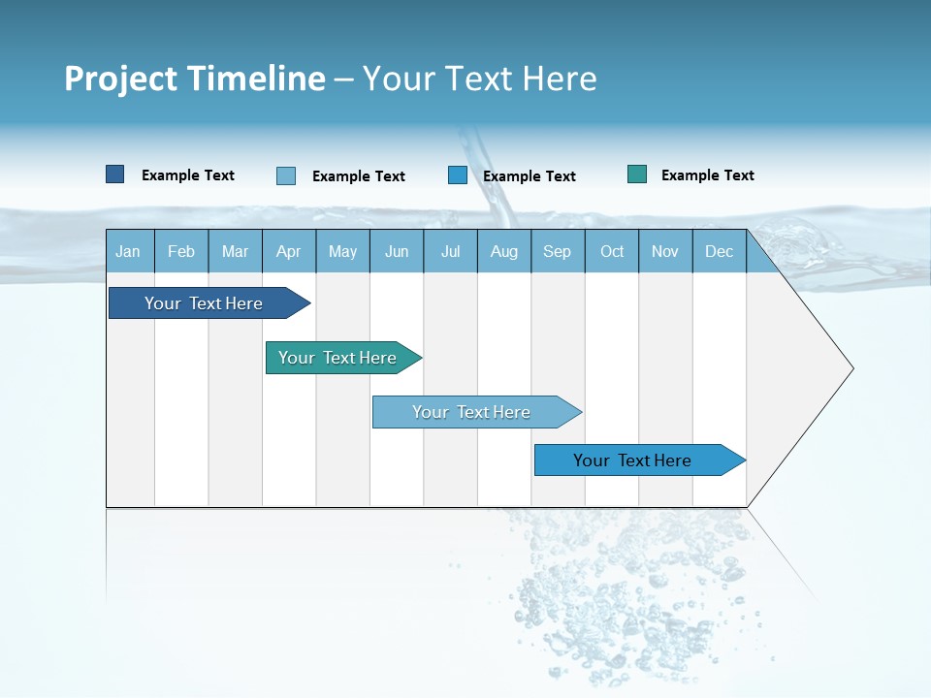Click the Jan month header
click(128, 251)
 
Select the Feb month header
click(181, 251)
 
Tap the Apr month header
click(288, 251)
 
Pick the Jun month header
click(397, 251)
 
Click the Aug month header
click(503, 251)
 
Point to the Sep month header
click(557, 251)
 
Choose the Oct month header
click(612, 251)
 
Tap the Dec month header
click(719, 251)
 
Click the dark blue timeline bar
click(204, 303)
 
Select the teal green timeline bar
click(337, 358)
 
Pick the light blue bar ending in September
click(471, 412)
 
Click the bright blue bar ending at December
click(632, 460)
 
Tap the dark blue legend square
click(115, 174)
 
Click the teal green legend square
click(637, 174)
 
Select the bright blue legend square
click(458, 175)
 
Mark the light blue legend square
click(286, 175)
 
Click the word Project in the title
click(119, 79)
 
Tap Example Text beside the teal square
click(707, 175)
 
